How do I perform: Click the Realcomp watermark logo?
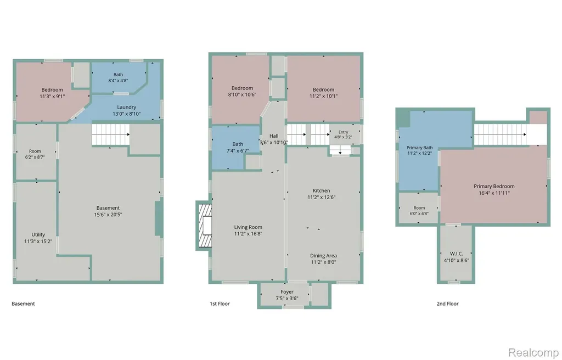[x=533, y=352]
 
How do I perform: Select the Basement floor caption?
[x=23, y=303]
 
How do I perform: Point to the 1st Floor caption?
[x=220, y=303]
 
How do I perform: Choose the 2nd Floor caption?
[x=447, y=303]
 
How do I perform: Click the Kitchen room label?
[x=322, y=190]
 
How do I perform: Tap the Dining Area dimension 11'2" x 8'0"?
[x=323, y=262]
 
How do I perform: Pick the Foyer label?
[x=287, y=292]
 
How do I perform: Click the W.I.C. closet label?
[x=456, y=254]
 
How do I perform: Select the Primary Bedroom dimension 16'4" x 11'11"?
[x=494, y=193]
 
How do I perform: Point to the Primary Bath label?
[x=419, y=148]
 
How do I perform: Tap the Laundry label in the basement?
[x=127, y=107]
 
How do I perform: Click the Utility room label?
[x=38, y=234]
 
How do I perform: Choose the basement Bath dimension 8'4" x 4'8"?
[x=119, y=81]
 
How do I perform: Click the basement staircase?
[x=110, y=134]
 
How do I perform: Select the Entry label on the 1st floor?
[x=343, y=132]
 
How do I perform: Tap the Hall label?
[x=274, y=136]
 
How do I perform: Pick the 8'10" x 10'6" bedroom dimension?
[x=242, y=94]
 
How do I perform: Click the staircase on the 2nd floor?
[x=501, y=134]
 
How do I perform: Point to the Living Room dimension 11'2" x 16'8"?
[x=248, y=234]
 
